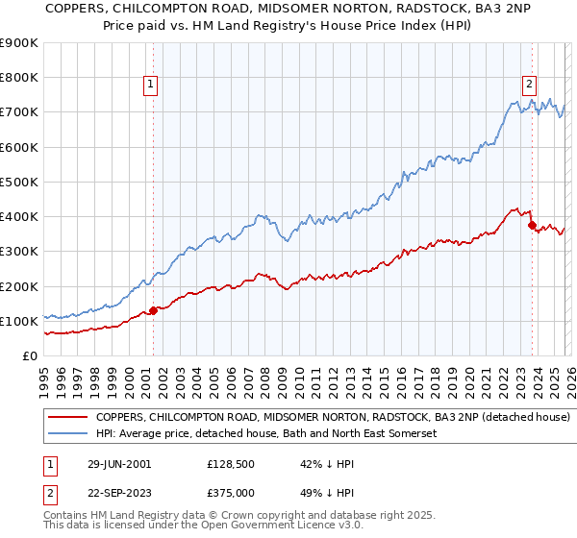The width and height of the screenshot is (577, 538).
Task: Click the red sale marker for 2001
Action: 154,309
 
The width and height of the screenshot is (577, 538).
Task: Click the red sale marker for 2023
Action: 532,224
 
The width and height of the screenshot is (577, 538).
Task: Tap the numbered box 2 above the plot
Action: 529,85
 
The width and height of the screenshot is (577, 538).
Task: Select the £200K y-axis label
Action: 19,286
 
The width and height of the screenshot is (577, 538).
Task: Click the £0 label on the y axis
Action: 31,356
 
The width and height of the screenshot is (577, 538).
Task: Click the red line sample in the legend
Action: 67,418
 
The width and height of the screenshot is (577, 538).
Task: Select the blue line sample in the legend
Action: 67,434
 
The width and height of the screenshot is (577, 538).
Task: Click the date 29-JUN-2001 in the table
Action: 117,463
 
